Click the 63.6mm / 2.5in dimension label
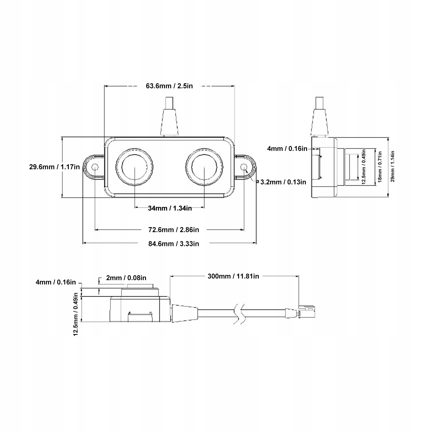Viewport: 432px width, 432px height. (x=169, y=86)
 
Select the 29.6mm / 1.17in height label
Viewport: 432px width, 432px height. (x=54, y=167)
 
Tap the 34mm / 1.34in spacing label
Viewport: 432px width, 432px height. (x=170, y=208)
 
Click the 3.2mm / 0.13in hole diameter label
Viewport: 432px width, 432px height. (x=283, y=182)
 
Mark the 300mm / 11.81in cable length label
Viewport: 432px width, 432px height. (x=233, y=276)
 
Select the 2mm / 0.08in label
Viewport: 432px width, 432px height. (x=126, y=278)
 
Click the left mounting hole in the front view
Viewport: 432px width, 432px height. (x=95, y=167)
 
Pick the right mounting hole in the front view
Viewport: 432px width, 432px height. (x=244, y=167)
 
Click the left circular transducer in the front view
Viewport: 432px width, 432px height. (x=134, y=167)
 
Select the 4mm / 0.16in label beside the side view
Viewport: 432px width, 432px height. (x=287, y=149)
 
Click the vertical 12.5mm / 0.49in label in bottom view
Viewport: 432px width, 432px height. (x=76, y=314)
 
